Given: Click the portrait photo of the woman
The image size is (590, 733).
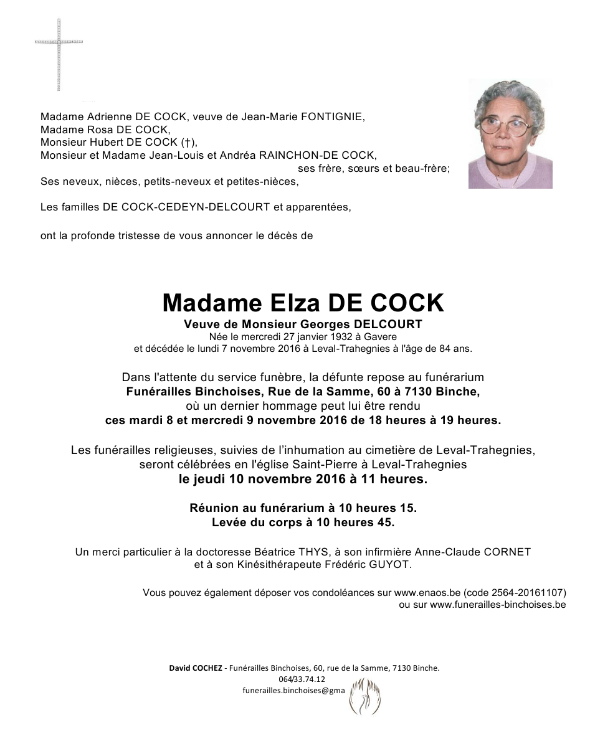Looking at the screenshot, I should tap(510, 134).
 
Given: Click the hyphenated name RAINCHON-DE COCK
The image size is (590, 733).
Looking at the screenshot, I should tap(322, 156).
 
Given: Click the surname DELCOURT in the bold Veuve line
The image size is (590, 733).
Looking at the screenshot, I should tap(388, 324).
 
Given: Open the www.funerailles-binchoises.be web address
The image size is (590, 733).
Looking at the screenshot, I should tap(497, 604).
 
